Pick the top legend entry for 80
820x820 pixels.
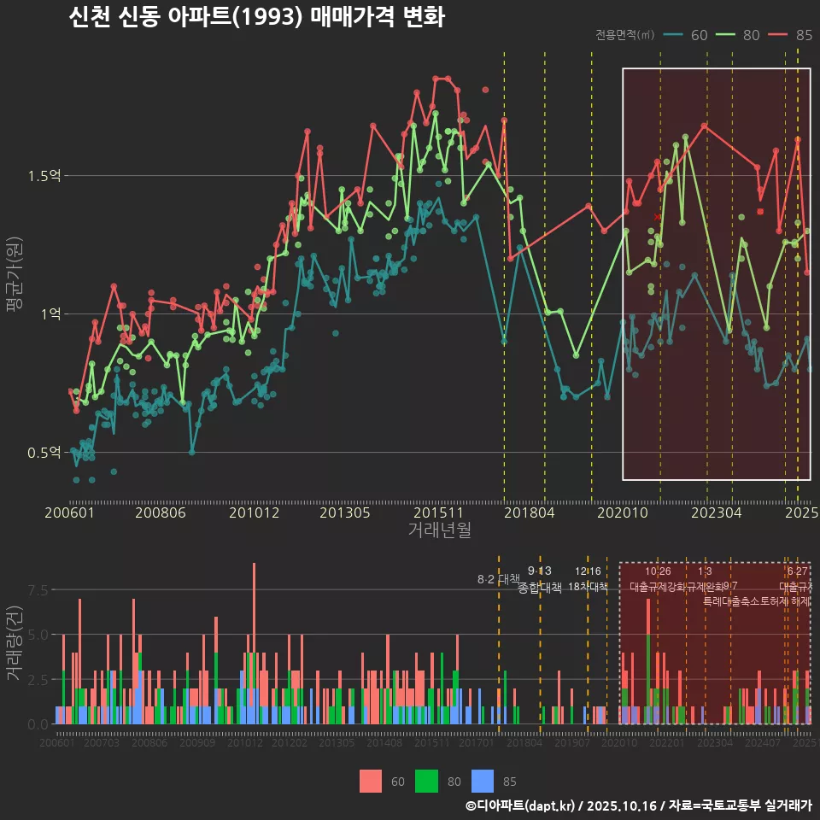[x=738, y=35]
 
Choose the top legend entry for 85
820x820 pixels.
[x=791, y=35]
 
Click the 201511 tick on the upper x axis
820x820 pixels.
[x=438, y=512]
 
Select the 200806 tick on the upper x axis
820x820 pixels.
[x=161, y=512]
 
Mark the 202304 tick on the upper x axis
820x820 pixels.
[x=716, y=512]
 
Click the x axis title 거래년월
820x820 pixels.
[x=439, y=530]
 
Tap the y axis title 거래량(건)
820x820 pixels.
[x=15, y=642]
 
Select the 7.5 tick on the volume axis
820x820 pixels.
[x=38, y=590]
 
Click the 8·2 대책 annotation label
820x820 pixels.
[x=498, y=579]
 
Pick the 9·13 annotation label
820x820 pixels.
[x=540, y=571]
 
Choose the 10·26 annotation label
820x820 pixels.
[x=658, y=571]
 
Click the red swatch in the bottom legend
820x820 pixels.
[x=371, y=781]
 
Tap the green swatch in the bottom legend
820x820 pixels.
[x=426, y=781]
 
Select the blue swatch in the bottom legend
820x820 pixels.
[x=483, y=781]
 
